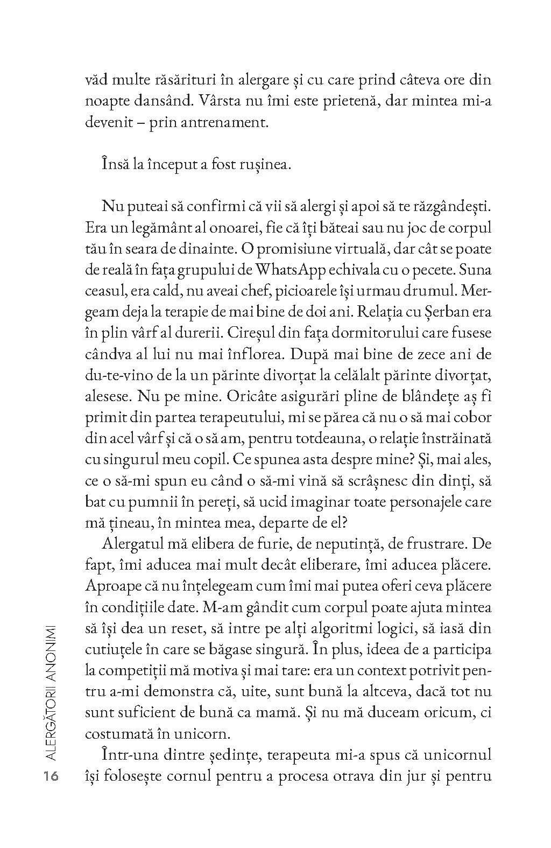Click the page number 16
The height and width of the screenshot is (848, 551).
point(53,778)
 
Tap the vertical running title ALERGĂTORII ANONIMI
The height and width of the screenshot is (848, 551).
point(53,692)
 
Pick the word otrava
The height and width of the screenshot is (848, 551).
point(382,777)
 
